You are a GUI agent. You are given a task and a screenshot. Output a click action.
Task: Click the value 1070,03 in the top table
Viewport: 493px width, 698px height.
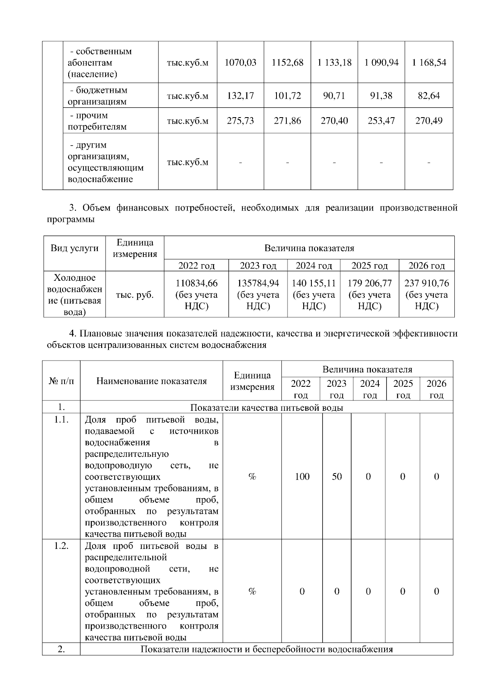tap(240, 62)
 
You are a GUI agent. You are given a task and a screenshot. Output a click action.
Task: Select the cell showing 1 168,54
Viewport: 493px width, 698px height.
tap(429, 62)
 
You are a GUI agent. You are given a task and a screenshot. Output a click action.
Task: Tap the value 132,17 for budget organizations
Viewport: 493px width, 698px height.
tap(240, 96)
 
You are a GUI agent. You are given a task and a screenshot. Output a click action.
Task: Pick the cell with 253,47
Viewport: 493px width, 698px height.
tap(381, 121)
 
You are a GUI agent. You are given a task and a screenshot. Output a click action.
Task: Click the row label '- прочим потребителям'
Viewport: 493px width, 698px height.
tap(97, 121)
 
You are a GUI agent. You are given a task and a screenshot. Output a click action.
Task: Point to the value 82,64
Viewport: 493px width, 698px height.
tap(429, 96)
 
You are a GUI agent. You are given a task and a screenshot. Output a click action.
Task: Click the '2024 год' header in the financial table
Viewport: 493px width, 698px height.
tap(313, 266)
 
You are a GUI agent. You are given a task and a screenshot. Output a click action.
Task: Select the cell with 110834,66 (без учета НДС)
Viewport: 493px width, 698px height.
tap(196, 294)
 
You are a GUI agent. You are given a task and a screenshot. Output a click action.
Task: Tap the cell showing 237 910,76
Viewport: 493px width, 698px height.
tap(426, 294)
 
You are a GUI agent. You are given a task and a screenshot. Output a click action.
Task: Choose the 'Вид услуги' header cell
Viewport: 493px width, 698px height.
tap(75, 248)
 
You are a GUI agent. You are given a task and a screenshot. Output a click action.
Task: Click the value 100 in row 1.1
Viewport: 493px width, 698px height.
tap(302, 476)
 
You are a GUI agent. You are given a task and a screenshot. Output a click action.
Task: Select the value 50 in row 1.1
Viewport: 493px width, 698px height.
tap(336, 476)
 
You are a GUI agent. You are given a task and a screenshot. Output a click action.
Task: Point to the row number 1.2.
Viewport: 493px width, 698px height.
tap(61, 546)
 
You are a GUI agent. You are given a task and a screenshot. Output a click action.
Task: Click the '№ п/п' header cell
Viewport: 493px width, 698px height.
tap(61, 381)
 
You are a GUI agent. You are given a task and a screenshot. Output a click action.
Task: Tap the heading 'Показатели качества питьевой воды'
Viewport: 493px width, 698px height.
tap(267, 407)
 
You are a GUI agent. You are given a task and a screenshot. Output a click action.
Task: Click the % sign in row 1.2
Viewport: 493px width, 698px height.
tap(252, 591)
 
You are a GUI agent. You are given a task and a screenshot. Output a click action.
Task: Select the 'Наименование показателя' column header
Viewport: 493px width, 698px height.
tap(152, 381)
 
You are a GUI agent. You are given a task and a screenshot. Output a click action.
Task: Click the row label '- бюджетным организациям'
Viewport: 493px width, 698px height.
tap(97, 96)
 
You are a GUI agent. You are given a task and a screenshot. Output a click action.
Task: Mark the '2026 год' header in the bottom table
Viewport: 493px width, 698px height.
tap(436, 389)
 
